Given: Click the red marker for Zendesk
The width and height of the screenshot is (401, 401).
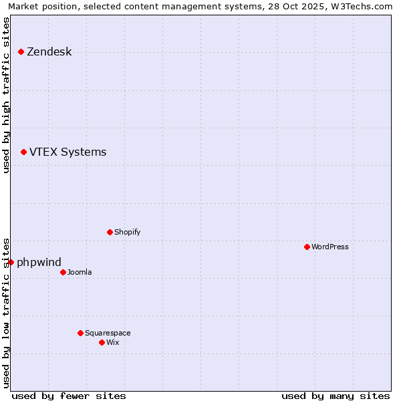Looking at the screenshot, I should point(21,51).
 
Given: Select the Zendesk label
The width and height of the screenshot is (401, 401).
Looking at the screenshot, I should point(49,52).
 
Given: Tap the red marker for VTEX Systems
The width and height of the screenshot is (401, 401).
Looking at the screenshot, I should point(23,152).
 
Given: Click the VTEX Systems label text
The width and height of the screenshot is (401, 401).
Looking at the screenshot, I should point(68,152).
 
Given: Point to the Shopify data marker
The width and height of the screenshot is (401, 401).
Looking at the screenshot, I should point(110,232).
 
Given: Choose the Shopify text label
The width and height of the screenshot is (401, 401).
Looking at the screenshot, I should point(127,232).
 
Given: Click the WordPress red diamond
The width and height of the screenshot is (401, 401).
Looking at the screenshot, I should point(307,247).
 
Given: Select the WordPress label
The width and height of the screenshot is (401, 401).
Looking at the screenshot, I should point(329,247).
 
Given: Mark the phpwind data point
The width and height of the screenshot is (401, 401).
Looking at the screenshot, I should point(11,262).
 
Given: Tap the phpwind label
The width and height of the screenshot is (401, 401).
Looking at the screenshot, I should point(39,262).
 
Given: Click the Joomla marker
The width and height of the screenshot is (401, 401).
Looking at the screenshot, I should point(63,272).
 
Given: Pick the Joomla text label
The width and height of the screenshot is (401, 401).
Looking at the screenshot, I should point(80,272).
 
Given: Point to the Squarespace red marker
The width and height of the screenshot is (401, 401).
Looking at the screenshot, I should point(80,333).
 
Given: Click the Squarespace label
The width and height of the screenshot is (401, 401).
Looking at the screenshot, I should point(108,333).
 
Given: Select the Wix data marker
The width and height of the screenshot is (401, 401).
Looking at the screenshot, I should point(102,342).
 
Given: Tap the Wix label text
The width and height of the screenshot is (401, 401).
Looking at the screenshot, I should point(112,342).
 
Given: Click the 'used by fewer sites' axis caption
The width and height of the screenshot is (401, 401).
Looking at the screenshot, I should point(69,396).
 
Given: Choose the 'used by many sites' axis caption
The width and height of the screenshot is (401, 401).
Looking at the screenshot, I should point(336,396).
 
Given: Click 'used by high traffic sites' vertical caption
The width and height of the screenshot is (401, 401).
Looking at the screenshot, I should point(6,95).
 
